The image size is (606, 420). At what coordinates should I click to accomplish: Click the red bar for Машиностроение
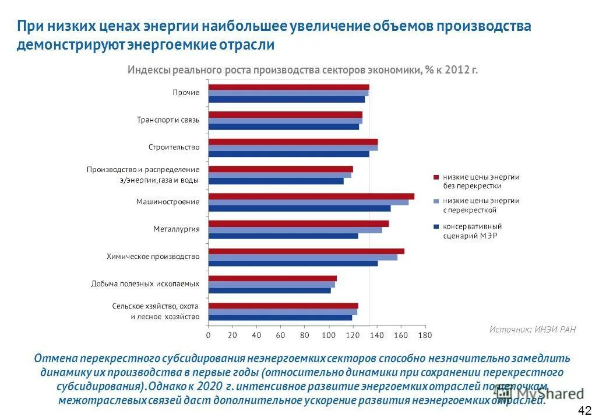(x=311, y=196)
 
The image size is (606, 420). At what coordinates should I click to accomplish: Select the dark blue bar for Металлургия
(x=283, y=236)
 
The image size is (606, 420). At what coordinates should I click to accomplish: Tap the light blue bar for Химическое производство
(x=303, y=257)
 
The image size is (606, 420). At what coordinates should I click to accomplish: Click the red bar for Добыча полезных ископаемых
(x=273, y=278)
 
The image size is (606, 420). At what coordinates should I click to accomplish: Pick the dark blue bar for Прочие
(x=287, y=99)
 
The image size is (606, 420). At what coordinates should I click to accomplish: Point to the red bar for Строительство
(x=293, y=142)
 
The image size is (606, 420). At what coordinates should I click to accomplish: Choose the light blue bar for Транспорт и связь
(x=286, y=120)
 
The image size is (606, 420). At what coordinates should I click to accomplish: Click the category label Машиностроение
(x=168, y=202)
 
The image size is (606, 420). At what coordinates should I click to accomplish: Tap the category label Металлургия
(x=176, y=229)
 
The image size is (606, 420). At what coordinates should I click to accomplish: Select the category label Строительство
(x=173, y=147)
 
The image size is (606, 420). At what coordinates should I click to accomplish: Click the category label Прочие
(x=186, y=93)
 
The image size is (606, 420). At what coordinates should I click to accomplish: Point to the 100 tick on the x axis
(x=329, y=335)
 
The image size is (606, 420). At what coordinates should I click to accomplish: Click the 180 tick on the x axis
(x=425, y=335)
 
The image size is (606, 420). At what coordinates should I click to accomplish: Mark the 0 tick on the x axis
(x=209, y=335)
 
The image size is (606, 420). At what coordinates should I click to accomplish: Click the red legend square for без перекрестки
(x=435, y=177)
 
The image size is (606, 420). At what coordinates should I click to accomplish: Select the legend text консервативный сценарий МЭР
(x=472, y=231)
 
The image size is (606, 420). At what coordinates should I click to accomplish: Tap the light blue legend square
(x=435, y=201)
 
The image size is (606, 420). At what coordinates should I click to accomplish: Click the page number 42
(x=584, y=410)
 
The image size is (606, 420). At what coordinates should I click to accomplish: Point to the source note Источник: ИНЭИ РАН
(x=532, y=330)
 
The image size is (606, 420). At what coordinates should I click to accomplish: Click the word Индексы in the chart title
(x=147, y=70)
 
